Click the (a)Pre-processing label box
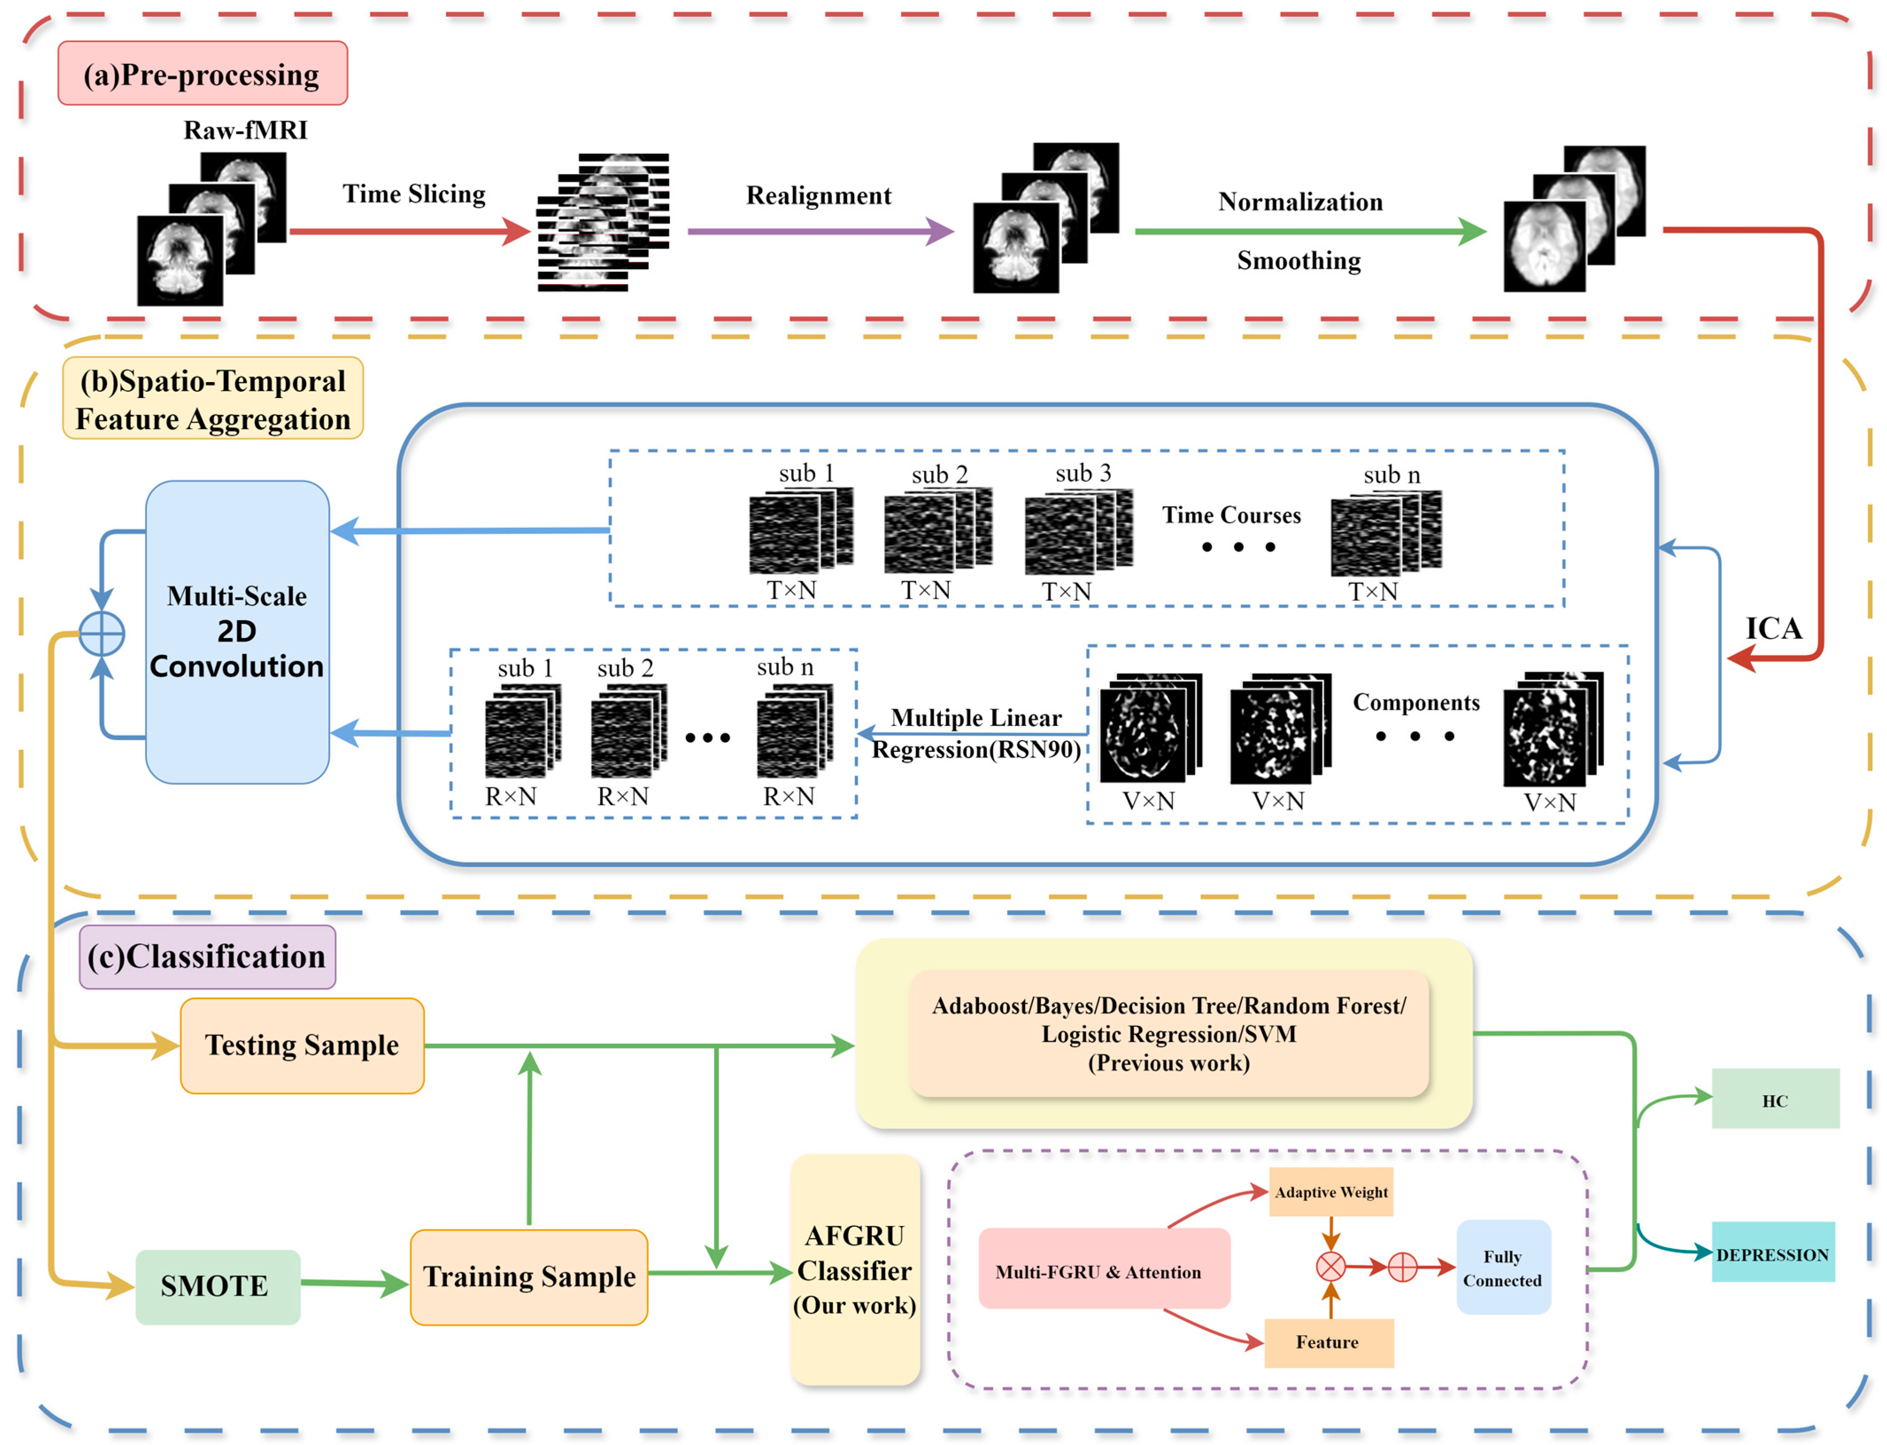tap(202, 74)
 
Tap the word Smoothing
tap(1298, 261)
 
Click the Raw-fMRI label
tap(245, 130)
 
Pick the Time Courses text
tap(1231, 515)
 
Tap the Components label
tap(1416, 703)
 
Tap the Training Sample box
tap(529, 1276)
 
